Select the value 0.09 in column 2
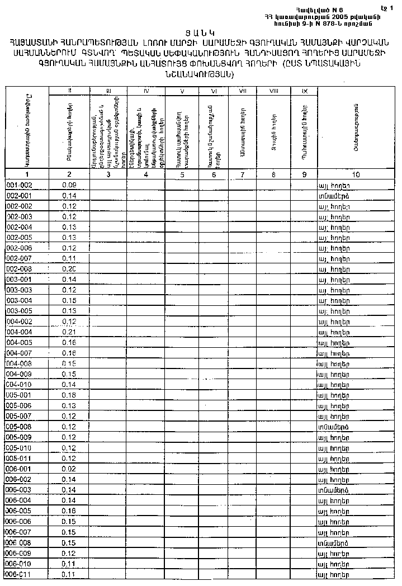(x=69, y=185)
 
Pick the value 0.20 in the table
(x=69, y=268)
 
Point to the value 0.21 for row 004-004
(x=69, y=332)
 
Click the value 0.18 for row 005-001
(x=69, y=395)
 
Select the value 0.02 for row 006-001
(x=69, y=469)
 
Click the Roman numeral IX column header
(x=304, y=90)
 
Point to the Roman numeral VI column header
(x=214, y=90)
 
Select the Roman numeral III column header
(x=108, y=90)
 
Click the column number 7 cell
(x=242, y=174)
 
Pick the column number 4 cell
(x=146, y=174)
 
